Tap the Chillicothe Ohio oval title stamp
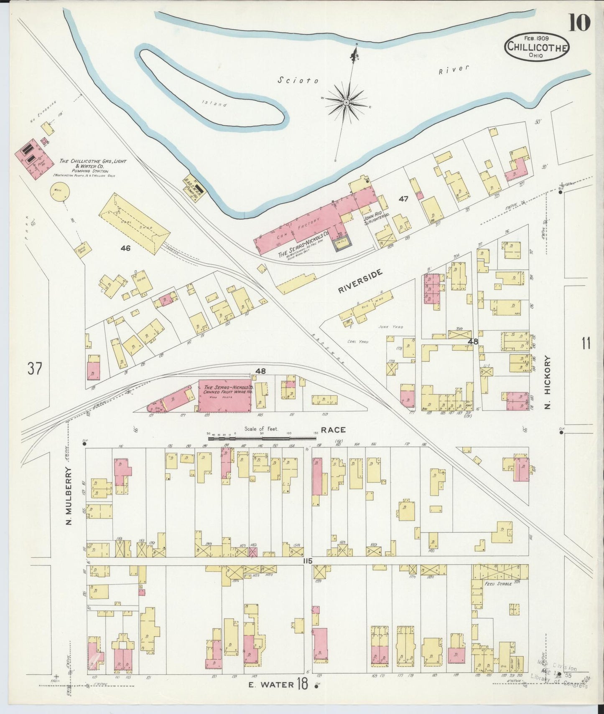tap(537, 47)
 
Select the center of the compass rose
tap(347, 102)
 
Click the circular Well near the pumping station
tap(59, 192)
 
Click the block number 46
tap(125, 248)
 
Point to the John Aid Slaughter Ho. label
tap(376, 219)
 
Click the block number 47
tap(403, 199)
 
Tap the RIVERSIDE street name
tap(360, 281)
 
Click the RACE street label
tap(333, 430)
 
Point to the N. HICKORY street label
tap(548, 382)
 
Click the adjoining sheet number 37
tap(35, 369)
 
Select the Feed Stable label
tap(499, 584)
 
